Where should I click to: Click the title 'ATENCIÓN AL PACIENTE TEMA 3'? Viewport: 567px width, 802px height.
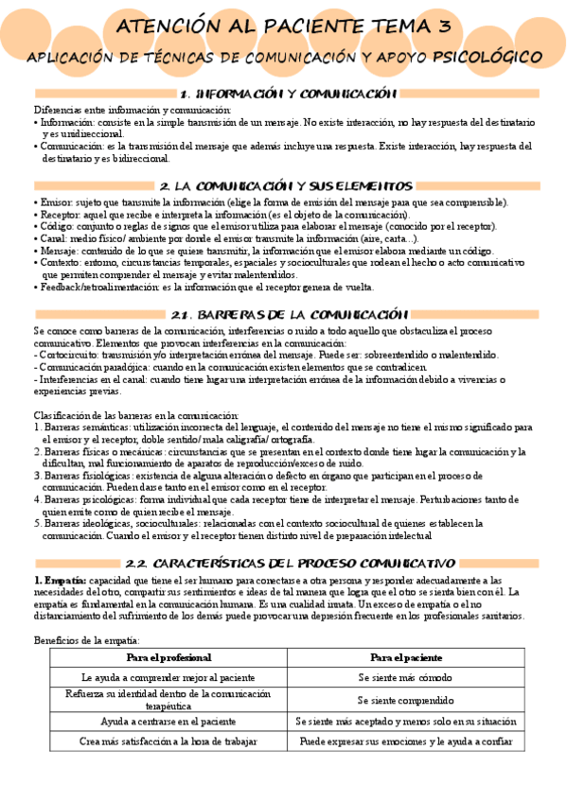(x=283, y=29)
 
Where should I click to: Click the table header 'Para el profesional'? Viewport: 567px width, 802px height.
(x=168, y=656)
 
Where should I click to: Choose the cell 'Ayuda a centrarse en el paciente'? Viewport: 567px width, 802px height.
(x=168, y=722)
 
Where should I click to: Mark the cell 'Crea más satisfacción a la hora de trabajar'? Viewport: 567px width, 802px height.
(x=168, y=742)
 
